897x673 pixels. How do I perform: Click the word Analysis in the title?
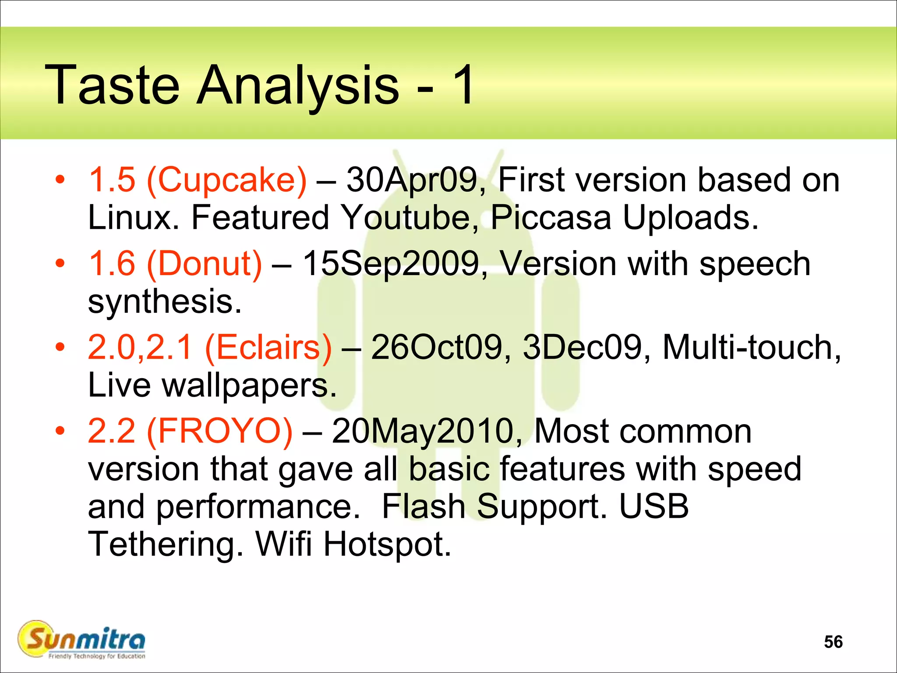click(x=298, y=85)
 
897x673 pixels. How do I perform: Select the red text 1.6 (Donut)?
click(x=175, y=264)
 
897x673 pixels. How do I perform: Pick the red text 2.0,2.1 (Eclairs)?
click(x=210, y=347)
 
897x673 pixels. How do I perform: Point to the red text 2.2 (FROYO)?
click(x=190, y=431)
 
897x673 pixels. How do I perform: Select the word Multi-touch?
click(x=751, y=347)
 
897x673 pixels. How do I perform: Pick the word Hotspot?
click(x=387, y=545)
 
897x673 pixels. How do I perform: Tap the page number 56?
click(x=833, y=642)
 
